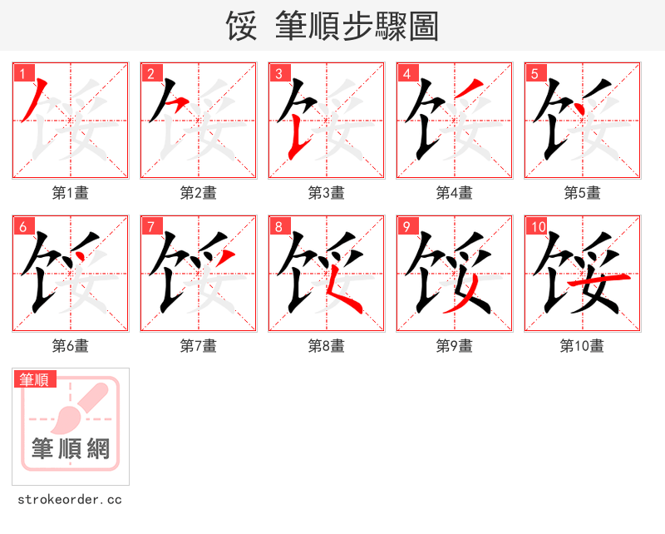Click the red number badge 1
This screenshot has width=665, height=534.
pyautogui.click(x=22, y=73)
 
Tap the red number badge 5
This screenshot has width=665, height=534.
pyautogui.click(x=534, y=73)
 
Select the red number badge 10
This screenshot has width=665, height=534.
pyautogui.click(x=537, y=226)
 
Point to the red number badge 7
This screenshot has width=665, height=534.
pyautogui.click(x=150, y=226)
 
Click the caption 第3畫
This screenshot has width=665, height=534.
pyautogui.click(x=326, y=193)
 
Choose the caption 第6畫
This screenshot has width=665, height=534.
pyautogui.click(x=70, y=346)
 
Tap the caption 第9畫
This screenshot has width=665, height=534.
pyautogui.click(x=454, y=346)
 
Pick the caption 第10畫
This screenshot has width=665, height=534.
pyautogui.click(x=582, y=346)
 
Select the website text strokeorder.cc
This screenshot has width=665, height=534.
pyautogui.click(x=70, y=500)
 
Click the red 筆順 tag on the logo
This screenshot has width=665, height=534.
pyautogui.click(x=35, y=380)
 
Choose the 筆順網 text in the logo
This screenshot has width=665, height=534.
pyautogui.click(x=71, y=448)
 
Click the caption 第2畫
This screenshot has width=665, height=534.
pyautogui.click(x=198, y=193)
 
